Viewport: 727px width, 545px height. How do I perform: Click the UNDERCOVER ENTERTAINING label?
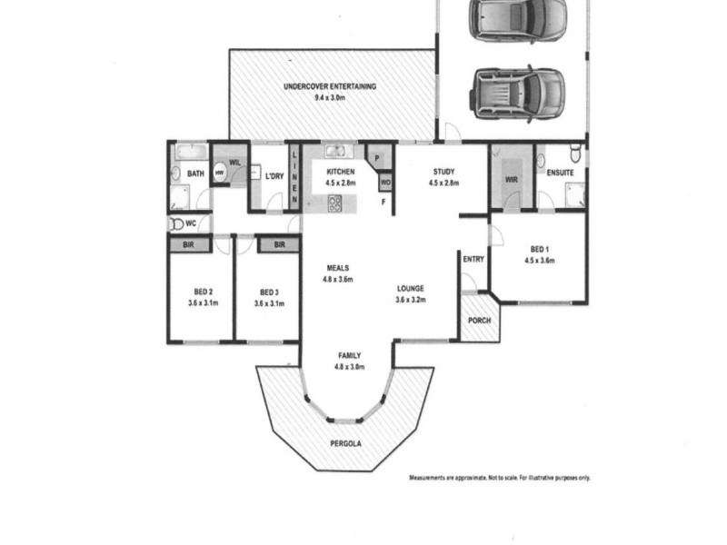tap(329, 87)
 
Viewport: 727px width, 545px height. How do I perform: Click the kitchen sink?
tap(334, 153)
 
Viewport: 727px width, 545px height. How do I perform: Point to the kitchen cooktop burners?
tap(334, 203)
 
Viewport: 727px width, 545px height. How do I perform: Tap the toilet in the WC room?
tap(174, 223)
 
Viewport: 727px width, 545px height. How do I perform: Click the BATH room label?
tap(195, 173)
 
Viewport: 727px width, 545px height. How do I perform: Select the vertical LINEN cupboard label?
tap(294, 174)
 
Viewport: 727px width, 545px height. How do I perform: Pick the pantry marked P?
tap(376, 158)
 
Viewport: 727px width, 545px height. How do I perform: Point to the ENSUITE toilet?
tap(573, 151)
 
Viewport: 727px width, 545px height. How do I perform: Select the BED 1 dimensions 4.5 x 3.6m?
tap(539, 260)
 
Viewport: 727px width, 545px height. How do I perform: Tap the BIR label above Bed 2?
tap(188, 244)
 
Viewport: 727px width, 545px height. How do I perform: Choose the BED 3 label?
tap(267, 292)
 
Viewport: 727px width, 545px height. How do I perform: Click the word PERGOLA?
tap(346, 444)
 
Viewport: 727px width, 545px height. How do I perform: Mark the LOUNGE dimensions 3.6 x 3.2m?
tap(411, 299)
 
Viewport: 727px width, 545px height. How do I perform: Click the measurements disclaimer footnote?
tap(499, 478)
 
